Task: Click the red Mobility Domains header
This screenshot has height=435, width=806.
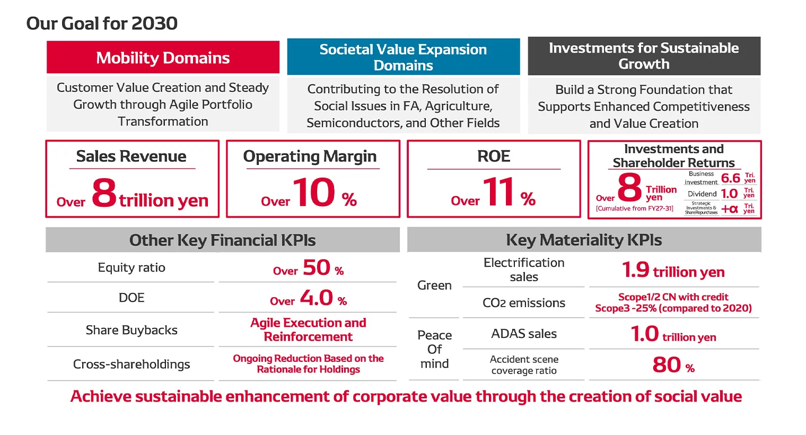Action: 163,57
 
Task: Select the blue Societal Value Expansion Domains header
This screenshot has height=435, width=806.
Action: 403,57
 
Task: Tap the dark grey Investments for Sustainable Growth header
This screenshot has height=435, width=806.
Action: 644,56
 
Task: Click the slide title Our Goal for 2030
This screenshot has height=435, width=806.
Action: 102,23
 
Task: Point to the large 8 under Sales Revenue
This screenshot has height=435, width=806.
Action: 104,193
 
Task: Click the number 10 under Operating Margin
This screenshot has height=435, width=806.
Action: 314,193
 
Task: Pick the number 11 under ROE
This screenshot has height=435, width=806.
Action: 498,193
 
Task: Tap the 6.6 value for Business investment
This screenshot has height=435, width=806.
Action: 730,178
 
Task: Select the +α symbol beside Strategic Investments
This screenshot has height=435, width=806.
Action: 730,209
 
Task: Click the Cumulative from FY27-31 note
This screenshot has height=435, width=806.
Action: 634,208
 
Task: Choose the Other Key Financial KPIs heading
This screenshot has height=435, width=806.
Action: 222,240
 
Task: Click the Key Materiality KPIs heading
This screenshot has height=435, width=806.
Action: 584,240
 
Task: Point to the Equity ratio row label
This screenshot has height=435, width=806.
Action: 132,267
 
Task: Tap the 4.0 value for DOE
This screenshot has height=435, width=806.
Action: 317,298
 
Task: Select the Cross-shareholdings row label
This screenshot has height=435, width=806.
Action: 132,364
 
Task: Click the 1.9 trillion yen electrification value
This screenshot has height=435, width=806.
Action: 673,271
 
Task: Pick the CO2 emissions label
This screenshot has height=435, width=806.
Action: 523,303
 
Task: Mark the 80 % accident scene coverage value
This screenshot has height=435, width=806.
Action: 673,365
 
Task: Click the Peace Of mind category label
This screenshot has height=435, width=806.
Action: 434,349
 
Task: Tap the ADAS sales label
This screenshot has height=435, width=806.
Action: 523,334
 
